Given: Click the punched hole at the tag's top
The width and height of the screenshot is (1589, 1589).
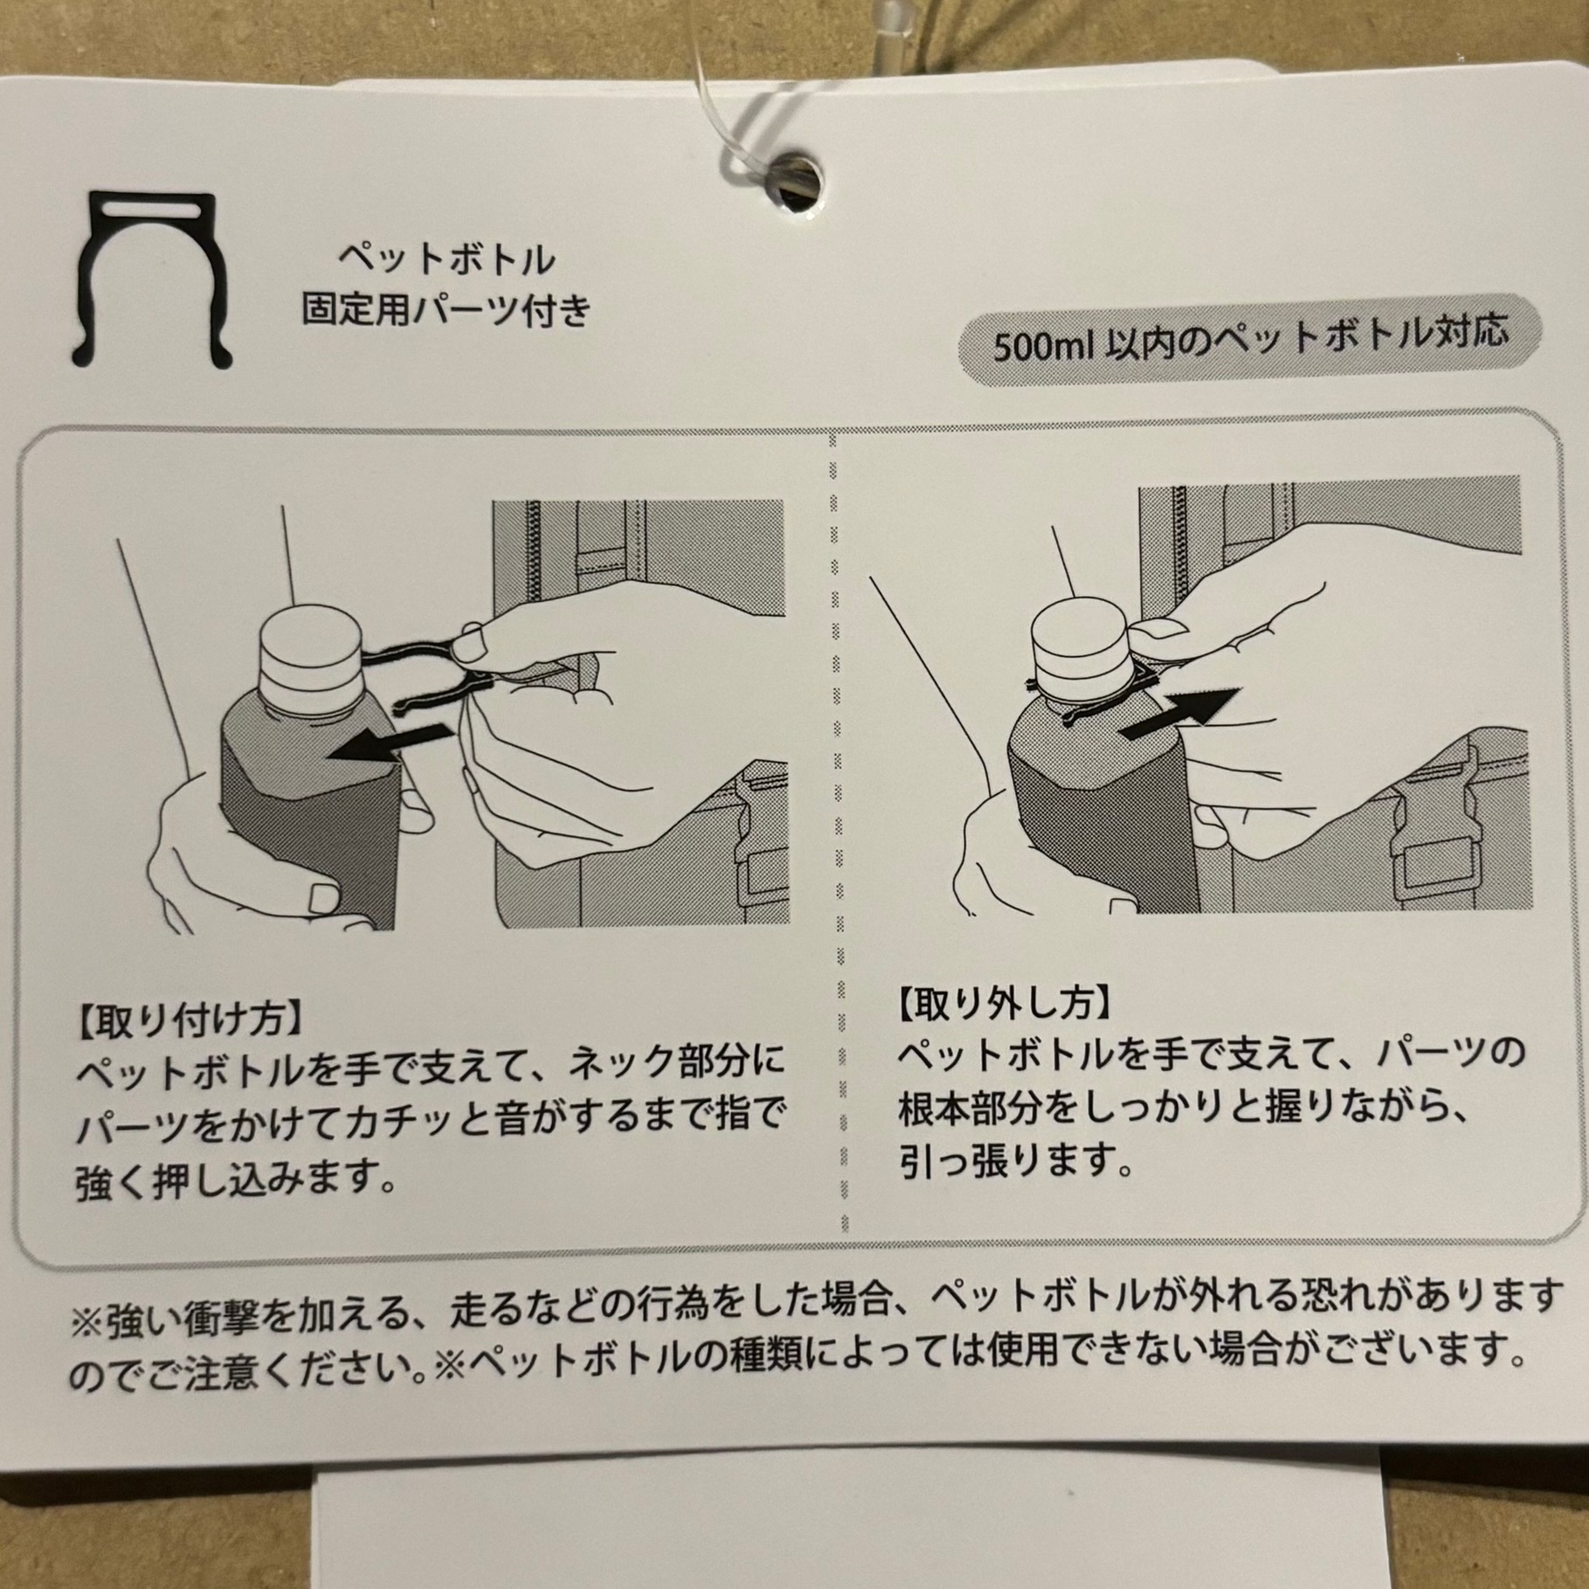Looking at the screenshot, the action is [795, 181].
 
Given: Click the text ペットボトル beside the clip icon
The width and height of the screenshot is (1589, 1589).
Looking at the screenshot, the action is [446, 259].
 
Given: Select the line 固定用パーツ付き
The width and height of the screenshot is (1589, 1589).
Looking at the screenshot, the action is [446, 310].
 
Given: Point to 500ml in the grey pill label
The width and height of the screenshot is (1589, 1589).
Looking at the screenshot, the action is [1035, 347].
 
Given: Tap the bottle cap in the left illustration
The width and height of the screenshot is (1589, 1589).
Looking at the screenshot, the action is [312, 655].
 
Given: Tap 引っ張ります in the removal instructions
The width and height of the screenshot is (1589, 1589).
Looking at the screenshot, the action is [1017, 1159].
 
